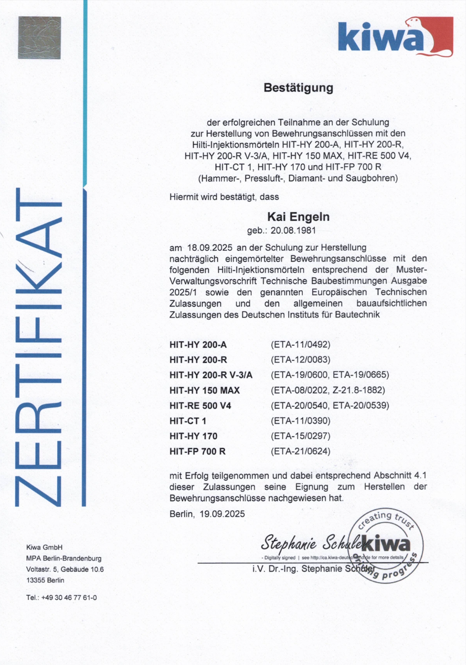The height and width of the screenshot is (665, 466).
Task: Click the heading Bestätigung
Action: pyautogui.click(x=298, y=88)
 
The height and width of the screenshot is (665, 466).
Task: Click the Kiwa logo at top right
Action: pyautogui.click(x=395, y=36)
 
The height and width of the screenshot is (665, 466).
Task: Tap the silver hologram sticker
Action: pyautogui.click(x=39, y=37)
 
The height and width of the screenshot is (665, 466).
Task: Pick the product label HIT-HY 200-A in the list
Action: pyautogui.click(x=198, y=345)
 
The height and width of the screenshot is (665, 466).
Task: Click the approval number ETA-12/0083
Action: pyautogui.click(x=300, y=360)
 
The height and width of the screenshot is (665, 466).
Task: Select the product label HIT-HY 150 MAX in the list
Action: pyautogui.click(x=205, y=390)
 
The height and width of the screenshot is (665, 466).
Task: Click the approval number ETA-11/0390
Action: pyautogui.click(x=300, y=421)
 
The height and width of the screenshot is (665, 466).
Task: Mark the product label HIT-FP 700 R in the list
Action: pyautogui.click(x=197, y=451)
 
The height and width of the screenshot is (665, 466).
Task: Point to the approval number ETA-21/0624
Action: pyautogui.click(x=300, y=451)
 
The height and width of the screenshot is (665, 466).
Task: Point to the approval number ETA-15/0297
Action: pyautogui.click(x=300, y=436)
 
